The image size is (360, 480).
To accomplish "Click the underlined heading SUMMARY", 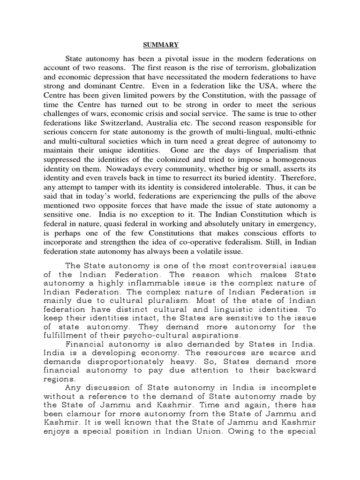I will click(160, 45).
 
